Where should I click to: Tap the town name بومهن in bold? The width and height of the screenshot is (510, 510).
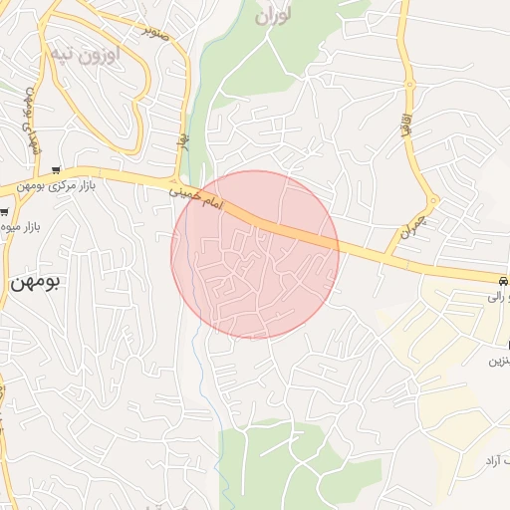point(36,283)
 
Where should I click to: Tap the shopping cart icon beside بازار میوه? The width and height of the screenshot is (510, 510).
point(4,212)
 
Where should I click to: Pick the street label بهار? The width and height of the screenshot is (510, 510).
point(183,144)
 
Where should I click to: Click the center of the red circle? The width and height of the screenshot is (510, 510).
point(255,255)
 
